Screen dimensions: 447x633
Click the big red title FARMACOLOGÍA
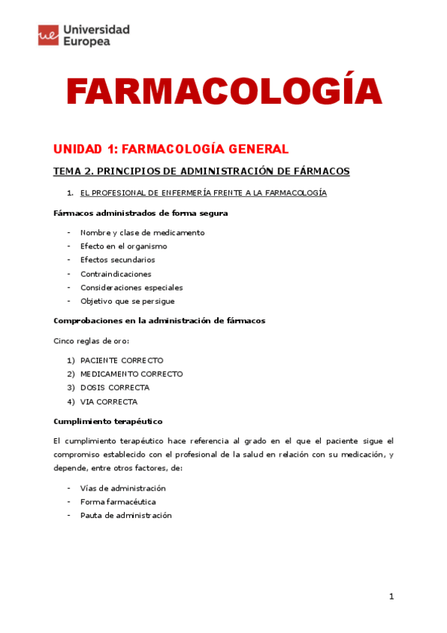coord(224,92)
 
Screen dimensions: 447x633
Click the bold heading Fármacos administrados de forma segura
coord(141,213)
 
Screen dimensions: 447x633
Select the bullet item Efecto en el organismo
coord(123,246)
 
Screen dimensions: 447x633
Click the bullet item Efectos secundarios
coord(117,260)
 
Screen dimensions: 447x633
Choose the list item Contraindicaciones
coord(115,273)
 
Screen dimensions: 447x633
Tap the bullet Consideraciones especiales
coord(131,287)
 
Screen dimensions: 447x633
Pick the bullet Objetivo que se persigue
coord(127,301)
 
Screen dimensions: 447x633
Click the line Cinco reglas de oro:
coord(91,341)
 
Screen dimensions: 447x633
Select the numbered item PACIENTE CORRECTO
coord(121,360)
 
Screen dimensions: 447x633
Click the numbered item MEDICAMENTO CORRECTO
coord(131,374)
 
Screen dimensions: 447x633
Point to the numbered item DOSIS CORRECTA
coord(114,387)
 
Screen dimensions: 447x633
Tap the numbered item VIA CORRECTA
coord(109,401)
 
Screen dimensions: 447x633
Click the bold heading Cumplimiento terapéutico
coord(107,421)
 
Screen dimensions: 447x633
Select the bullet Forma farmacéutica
coord(118,502)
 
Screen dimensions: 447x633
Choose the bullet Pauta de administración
coord(125,515)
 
